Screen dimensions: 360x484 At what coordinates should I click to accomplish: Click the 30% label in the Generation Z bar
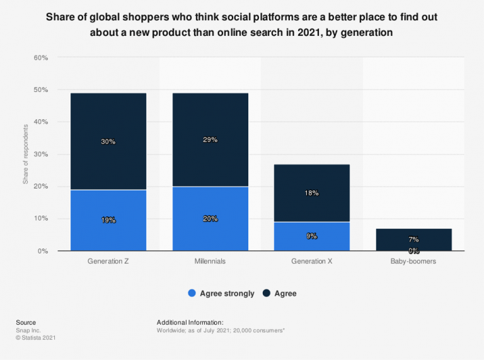pyautogui.click(x=108, y=142)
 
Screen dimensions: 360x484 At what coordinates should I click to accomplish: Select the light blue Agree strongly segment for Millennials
pyautogui.click(x=210, y=218)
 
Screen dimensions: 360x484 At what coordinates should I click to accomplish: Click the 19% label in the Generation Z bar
pyautogui.click(x=108, y=220)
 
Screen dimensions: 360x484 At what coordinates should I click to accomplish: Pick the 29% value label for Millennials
pyautogui.click(x=210, y=140)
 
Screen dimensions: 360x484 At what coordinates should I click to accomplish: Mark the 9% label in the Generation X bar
pyautogui.click(x=312, y=236)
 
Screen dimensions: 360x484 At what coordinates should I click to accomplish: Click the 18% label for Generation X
pyautogui.click(x=312, y=193)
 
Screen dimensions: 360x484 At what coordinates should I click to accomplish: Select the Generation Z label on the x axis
pyautogui.click(x=108, y=260)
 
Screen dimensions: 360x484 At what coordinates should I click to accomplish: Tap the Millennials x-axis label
pyautogui.click(x=210, y=260)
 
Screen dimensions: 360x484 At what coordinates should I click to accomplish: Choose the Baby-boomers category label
pyautogui.click(x=413, y=260)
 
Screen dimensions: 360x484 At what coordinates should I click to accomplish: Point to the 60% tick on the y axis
pyautogui.click(x=40, y=58)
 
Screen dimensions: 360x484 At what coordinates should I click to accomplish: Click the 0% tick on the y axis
pyautogui.click(x=43, y=251)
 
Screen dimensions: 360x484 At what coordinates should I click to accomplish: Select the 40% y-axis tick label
pyautogui.click(x=40, y=122)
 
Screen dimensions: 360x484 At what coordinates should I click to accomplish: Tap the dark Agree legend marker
pyautogui.click(x=266, y=293)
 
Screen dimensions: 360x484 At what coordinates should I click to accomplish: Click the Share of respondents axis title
pyautogui.click(x=26, y=154)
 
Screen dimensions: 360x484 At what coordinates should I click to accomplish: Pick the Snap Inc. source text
pyautogui.click(x=28, y=330)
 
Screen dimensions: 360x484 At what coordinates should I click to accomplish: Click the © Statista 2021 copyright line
pyautogui.click(x=37, y=337)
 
